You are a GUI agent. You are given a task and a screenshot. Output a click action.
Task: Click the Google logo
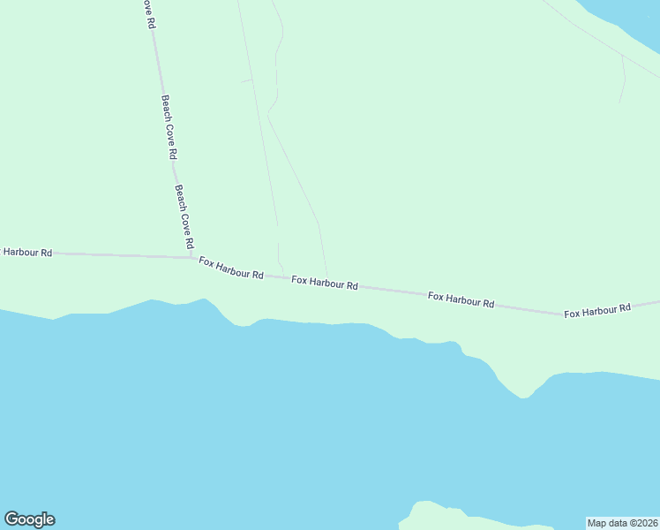pos(30,519)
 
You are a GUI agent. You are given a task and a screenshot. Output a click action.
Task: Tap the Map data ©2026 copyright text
pos(622,523)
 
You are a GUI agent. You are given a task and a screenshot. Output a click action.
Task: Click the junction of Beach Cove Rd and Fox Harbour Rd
pos(193,258)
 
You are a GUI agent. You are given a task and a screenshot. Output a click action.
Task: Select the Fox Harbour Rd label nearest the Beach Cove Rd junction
pos(231,268)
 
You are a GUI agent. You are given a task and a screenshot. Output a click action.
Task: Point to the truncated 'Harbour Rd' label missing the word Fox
pos(26,252)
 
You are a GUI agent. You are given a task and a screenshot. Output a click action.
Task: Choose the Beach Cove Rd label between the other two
pos(167,126)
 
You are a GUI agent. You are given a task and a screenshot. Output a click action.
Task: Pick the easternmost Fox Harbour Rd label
pos(598,310)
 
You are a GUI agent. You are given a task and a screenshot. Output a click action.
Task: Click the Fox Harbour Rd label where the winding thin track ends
pos(325,284)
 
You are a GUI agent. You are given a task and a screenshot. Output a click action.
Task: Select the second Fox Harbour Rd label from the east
pos(461,299)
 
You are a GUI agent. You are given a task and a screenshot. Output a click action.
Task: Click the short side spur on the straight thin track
pos(246,80)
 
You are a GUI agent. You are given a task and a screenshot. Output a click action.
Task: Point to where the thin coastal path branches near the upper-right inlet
pos(622,56)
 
